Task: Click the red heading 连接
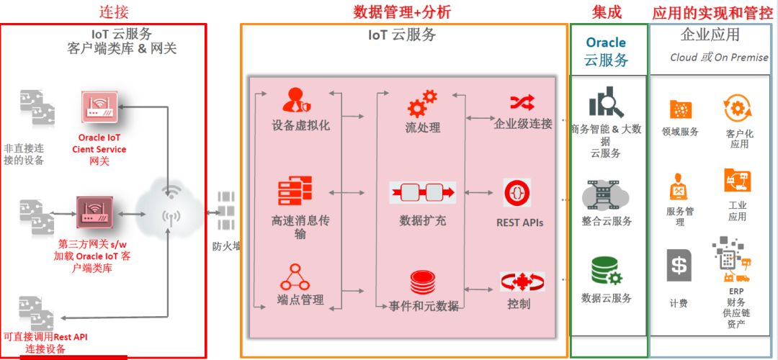pos(115,12)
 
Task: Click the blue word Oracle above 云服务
pos(606,42)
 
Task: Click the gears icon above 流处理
pos(422,103)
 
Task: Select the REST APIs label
pos(519,222)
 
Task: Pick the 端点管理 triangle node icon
pos(295,277)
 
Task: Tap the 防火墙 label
pos(227,246)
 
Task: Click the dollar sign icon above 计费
pos(679,266)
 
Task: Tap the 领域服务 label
pos(680,132)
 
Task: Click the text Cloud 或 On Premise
pos(718,58)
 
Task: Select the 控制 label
pos(519,304)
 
